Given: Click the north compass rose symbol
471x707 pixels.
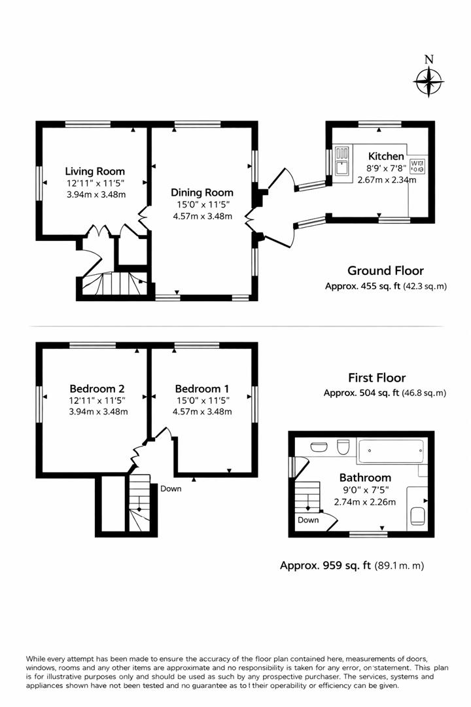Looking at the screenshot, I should click(428, 82).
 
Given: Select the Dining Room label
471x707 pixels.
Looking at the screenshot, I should click(201, 192).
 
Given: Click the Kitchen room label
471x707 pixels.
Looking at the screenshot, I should click(386, 156).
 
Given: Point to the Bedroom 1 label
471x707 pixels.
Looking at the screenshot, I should click(202, 388).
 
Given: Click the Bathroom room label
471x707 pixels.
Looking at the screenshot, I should click(365, 478).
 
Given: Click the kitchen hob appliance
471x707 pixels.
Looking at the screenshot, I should click(417, 166).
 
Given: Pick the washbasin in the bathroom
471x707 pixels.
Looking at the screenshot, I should click(318, 447).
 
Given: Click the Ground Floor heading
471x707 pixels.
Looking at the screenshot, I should click(385, 270).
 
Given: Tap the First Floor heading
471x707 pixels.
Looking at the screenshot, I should click(376, 378).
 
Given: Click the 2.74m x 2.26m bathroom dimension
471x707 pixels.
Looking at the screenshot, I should click(365, 502).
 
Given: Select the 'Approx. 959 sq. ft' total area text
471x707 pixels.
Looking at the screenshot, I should click(326, 566).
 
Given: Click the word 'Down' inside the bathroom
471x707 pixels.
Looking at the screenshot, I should click(308, 520).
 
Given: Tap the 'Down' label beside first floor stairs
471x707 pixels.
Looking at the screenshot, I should click(171, 488).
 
